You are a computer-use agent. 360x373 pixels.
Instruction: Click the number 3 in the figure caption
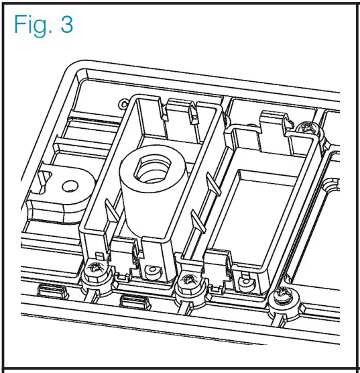[66, 25]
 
